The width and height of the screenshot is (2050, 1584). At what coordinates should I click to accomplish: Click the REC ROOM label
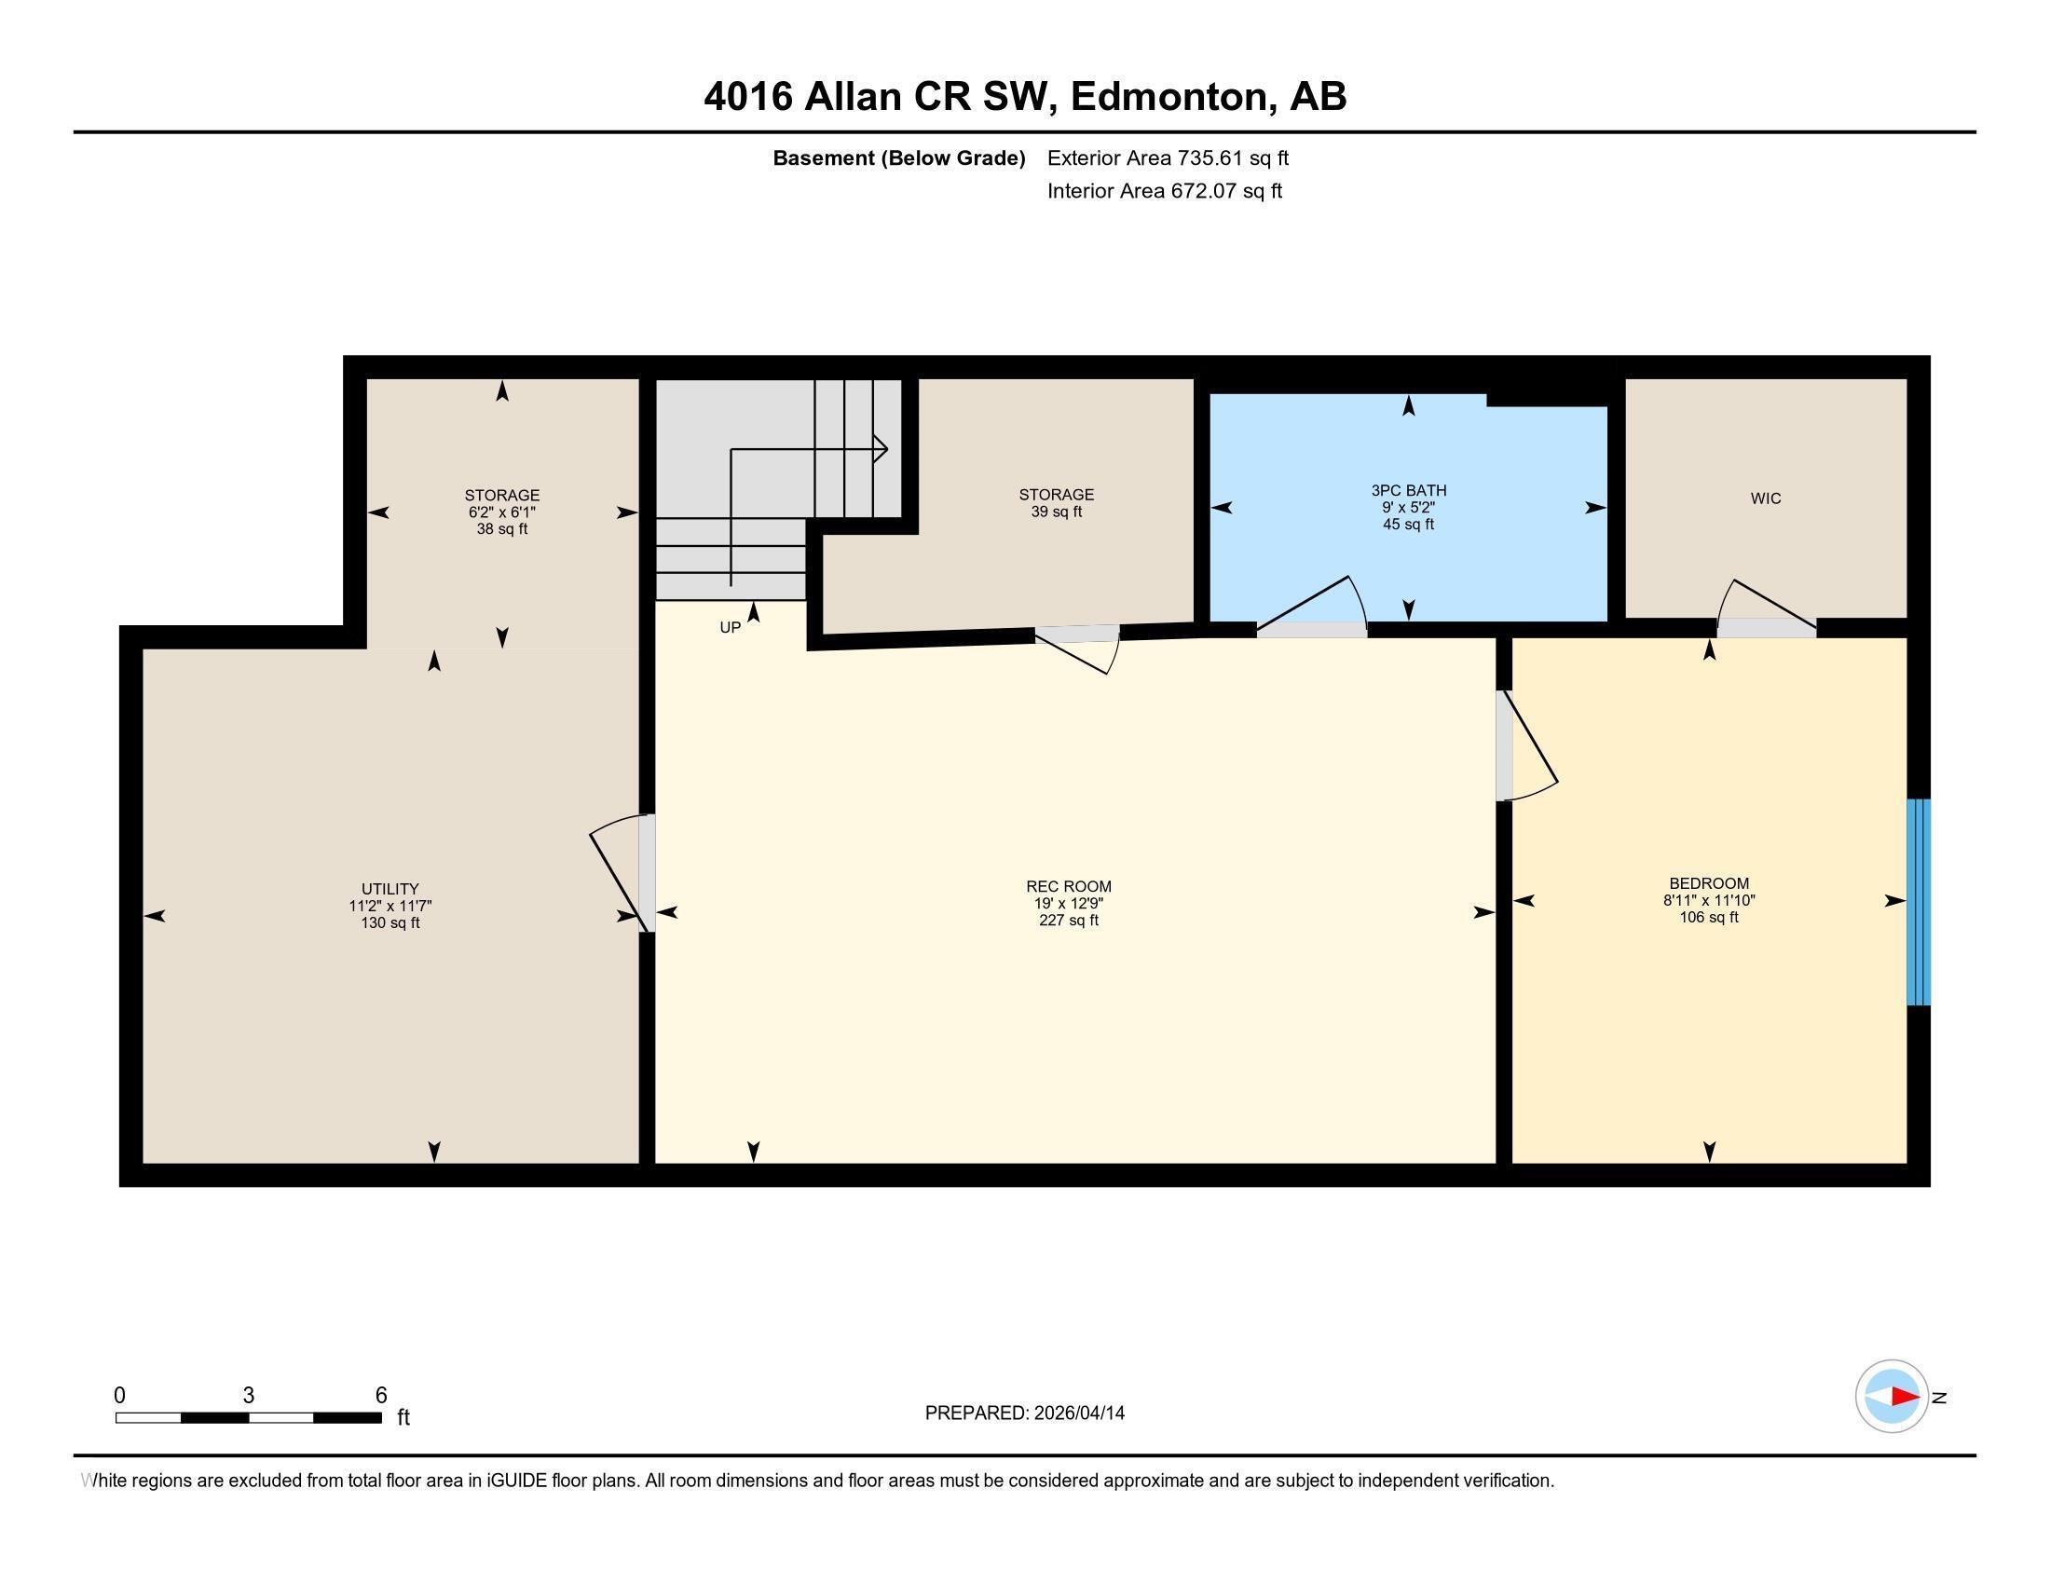click(x=1068, y=886)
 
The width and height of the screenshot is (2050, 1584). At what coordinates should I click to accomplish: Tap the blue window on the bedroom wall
click(x=1918, y=902)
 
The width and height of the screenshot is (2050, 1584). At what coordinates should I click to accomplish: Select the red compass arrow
click(x=1904, y=1397)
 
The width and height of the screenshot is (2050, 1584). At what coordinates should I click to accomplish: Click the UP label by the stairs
click(x=731, y=628)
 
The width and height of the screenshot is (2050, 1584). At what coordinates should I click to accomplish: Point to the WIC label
click(x=1765, y=498)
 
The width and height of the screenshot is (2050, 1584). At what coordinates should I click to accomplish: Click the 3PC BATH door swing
click(x=1312, y=607)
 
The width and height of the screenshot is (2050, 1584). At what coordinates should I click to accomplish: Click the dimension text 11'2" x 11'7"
click(x=389, y=906)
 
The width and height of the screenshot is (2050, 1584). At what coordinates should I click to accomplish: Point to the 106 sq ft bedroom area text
click(x=1708, y=917)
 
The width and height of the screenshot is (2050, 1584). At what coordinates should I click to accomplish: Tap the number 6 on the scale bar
click(x=381, y=1396)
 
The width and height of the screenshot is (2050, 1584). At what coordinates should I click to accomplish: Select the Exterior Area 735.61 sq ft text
click(x=1168, y=158)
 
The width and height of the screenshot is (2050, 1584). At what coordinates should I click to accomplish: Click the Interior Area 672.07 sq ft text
click(x=1164, y=191)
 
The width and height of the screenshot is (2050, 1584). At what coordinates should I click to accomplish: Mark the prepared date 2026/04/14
click(x=1077, y=1413)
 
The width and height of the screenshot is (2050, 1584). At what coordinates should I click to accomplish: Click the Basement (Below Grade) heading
click(x=898, y=158)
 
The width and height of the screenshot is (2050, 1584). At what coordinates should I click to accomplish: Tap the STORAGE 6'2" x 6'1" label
click(x=502, y=496)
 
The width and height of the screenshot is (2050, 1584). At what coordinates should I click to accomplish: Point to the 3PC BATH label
click(x=1408, y=490)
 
